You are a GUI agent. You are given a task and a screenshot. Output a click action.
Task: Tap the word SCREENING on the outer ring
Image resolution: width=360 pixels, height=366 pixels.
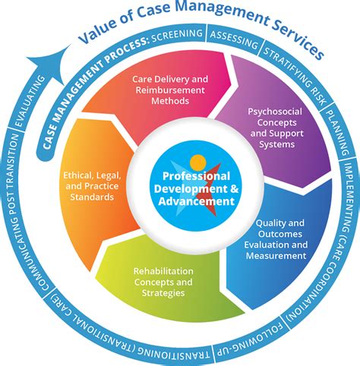pos(176,35)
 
